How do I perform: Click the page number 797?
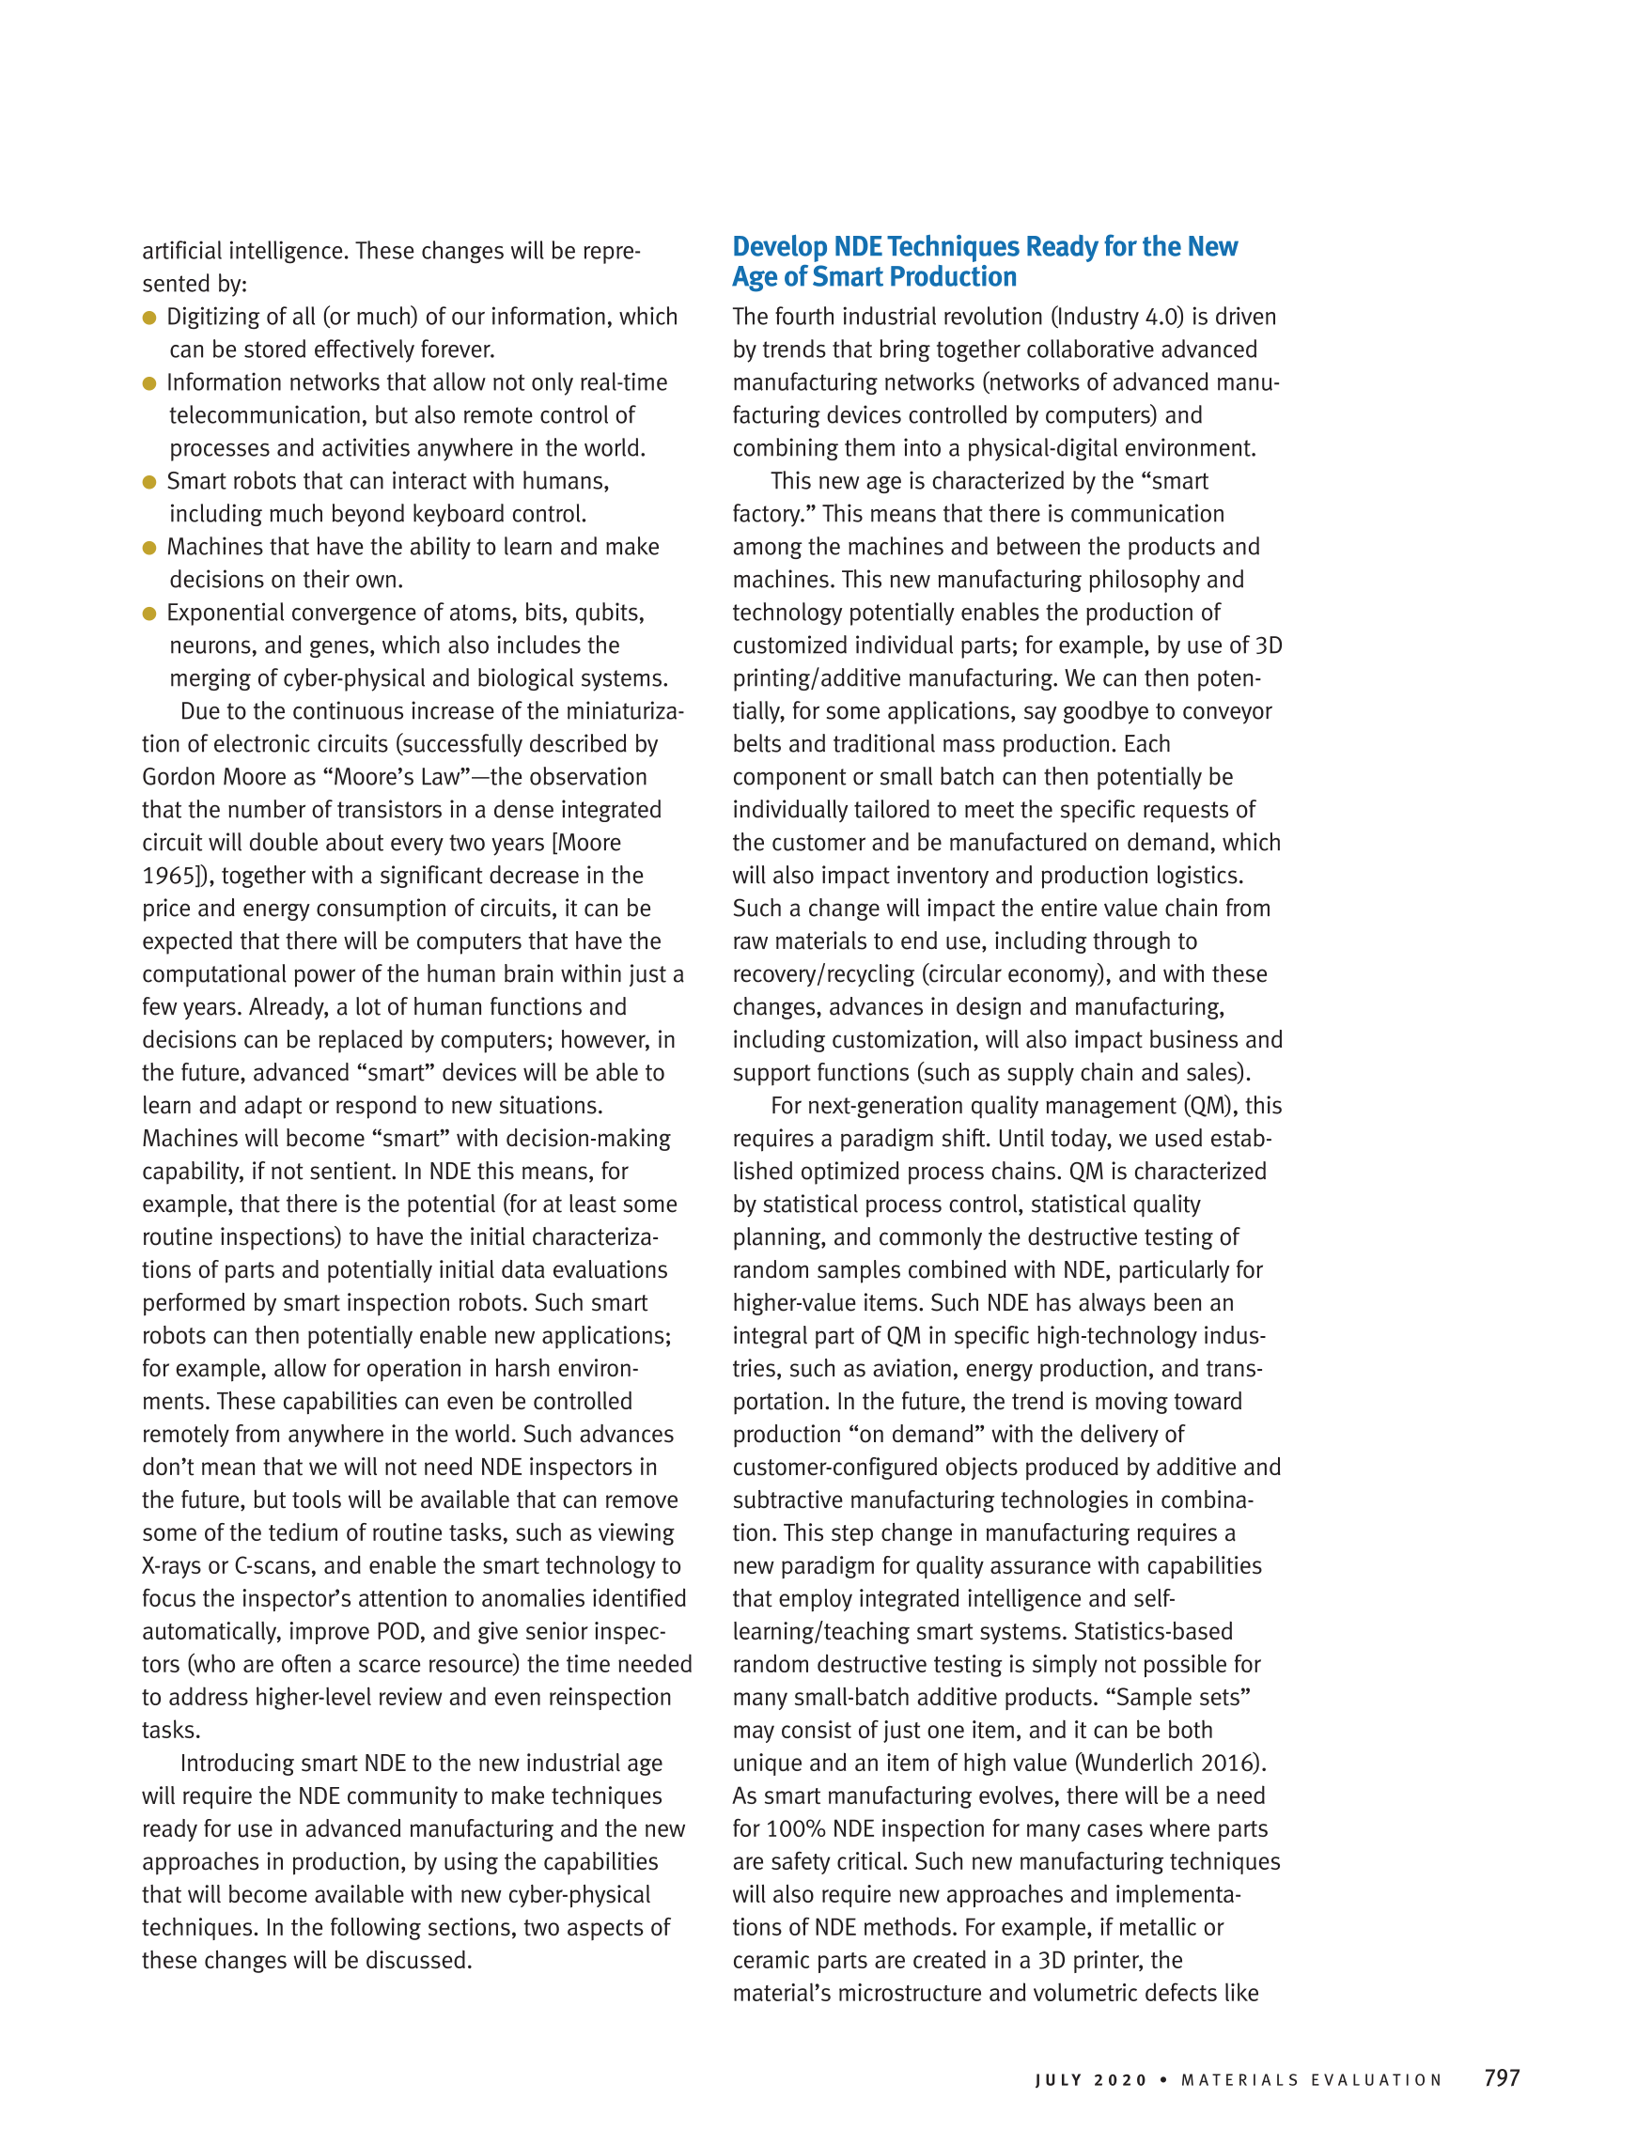tap(1502, 2077)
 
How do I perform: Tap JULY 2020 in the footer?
tap(1091, 2080)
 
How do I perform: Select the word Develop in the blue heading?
tap(780, 246)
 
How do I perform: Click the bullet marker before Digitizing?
tap(149, 318)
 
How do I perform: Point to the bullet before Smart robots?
tap(149, 481)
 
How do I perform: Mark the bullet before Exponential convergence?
tap(149, 613)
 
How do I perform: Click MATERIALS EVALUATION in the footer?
tap(1311, 2080)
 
